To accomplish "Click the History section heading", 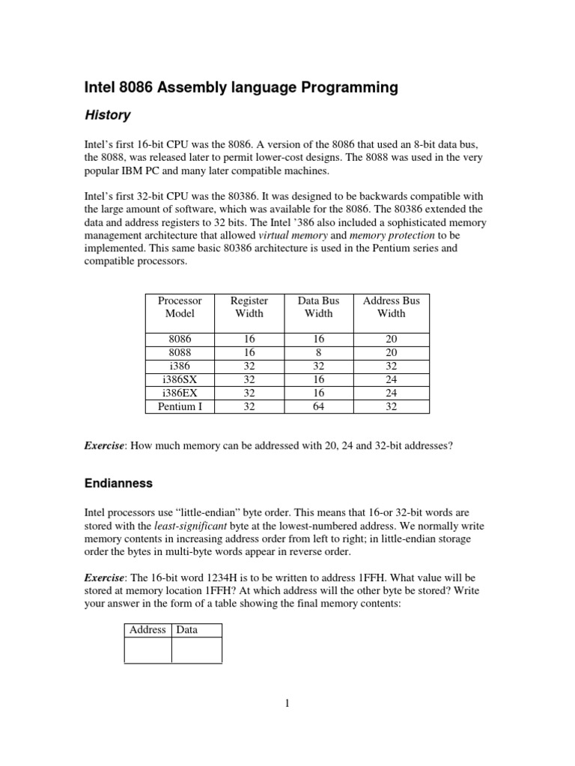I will coord(106,115).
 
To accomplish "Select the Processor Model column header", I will coord(180,307).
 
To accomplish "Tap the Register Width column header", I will coord(249,307).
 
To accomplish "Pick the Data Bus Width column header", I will coord(318,307).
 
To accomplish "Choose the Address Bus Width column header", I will coord(391,307).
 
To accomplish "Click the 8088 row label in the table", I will coord(180,352).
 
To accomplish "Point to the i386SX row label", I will coord(180,379).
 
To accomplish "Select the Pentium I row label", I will coord(180,407).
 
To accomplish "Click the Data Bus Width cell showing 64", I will coord(318,407).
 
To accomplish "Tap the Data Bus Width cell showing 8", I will coord(318,352).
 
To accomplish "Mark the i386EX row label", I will coord(180,393).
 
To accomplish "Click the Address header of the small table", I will coord(147,629).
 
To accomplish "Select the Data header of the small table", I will coord(186,629).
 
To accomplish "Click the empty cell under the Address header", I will coord(147,649).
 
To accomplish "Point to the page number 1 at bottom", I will coord(287,703).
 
